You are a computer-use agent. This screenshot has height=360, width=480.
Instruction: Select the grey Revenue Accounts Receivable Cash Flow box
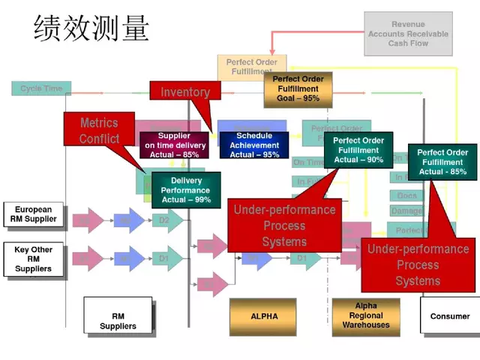coord(408,34)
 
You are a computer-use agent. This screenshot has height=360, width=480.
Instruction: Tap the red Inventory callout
coord(185,91)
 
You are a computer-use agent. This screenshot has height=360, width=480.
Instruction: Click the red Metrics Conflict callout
coord(100,130)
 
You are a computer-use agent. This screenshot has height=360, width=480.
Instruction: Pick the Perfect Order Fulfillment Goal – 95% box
coord(297,88)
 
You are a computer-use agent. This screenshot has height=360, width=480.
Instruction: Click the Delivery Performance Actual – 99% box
coord(186,190)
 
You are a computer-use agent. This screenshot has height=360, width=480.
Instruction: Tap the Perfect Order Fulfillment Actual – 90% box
coord(358,150)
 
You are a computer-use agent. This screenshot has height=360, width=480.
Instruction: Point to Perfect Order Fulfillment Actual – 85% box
coord(442,161)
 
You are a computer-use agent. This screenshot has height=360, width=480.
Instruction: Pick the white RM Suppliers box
coord(118,316)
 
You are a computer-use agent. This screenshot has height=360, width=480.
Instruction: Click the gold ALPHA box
coord(264,316)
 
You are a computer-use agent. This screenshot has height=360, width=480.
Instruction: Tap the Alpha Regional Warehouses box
coord(366,316)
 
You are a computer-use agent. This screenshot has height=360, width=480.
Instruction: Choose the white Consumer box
coord(449,316)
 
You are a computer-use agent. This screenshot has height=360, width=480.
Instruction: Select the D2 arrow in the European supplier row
coord(166,220)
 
